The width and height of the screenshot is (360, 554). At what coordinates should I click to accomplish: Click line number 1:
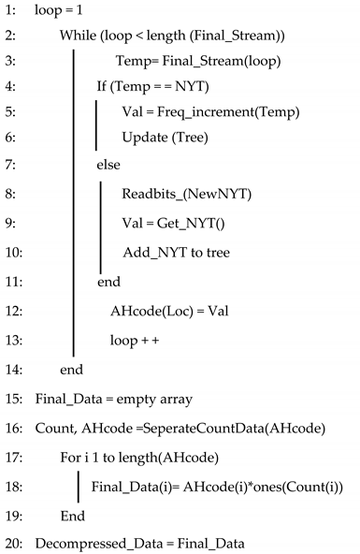[x=11, y=11]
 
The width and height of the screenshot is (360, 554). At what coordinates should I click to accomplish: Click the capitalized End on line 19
[x=72, y=515]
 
